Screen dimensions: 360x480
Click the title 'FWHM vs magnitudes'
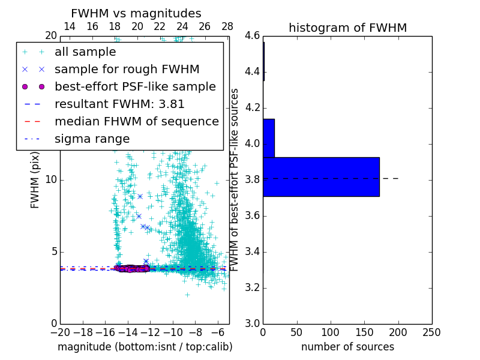coord(136,13)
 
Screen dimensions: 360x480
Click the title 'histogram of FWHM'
coord(347,28)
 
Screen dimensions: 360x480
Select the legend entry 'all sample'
coord(85,52)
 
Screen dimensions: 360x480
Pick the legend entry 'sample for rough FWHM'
coord(127,69)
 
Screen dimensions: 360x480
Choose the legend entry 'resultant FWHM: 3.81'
coord(119,104)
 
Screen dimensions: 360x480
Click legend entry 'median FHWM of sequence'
coord(136,121)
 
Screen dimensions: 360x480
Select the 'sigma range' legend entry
coord(92,139)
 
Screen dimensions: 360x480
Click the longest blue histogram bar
coord(321,176)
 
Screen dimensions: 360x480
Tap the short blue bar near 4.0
coord(269,138)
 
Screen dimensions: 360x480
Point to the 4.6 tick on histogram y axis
coord(253,36)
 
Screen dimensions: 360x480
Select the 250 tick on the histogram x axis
coord(431,332)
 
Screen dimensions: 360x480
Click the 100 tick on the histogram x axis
coord(331,332)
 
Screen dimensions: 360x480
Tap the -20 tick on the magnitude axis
coord(60,332)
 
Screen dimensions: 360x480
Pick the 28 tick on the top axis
coord(227,26)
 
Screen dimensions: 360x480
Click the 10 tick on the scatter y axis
coord(52,180)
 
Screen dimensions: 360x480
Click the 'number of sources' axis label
coord(347,347)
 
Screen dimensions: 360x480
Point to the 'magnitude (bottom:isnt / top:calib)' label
coord(145,347)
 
